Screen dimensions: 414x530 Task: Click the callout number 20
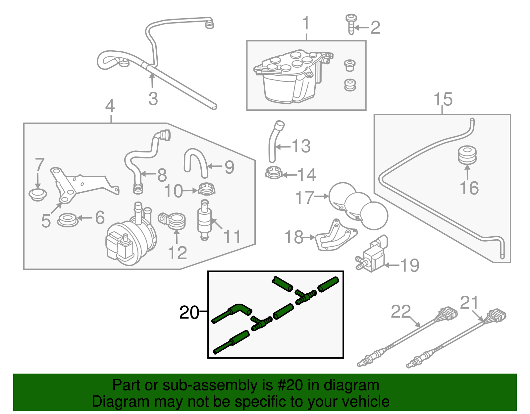tap(189, 313)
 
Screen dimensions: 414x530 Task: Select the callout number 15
tap(443, 99)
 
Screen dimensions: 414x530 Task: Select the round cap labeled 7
tap(38, 194)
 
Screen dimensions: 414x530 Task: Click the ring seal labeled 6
tap(68, 220)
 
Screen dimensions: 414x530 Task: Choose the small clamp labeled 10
tap(207, 190)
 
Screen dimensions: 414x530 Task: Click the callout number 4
tap(110, 106)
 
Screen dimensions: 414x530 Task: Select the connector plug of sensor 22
tap(448, 314)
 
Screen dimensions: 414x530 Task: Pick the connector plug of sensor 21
tap(497, 315)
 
